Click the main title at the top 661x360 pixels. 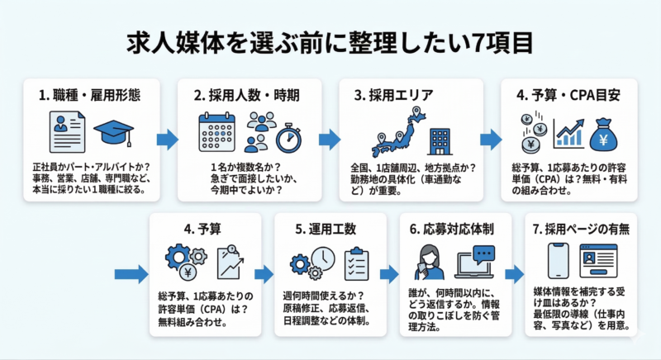(330, 41)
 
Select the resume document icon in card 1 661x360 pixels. (66, 132)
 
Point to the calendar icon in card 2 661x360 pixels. (217, 131)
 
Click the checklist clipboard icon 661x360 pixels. (356, 263)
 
